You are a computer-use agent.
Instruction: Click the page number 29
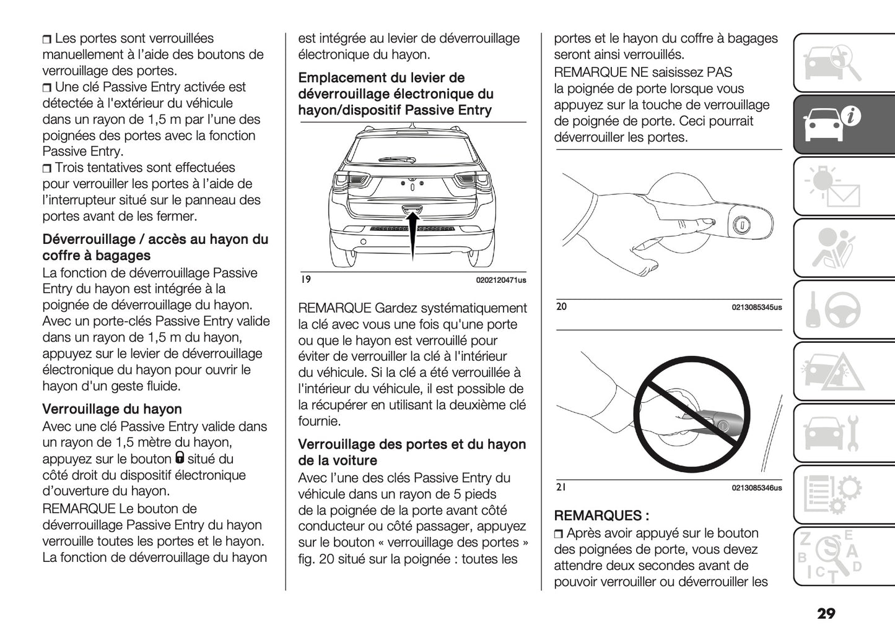tap(826, 613)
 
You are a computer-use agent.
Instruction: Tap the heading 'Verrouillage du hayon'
tap(112, 409)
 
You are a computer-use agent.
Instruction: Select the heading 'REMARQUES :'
tap(601, 516)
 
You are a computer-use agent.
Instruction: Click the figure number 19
tap(305, 280)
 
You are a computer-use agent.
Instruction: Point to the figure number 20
tap(561, 306)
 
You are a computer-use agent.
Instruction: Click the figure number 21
tap(561, 488)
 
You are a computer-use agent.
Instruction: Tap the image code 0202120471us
tap(501, 280)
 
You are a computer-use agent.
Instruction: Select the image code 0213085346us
tap(756, 488)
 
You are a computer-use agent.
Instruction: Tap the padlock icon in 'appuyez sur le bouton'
tap(179, 458)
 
